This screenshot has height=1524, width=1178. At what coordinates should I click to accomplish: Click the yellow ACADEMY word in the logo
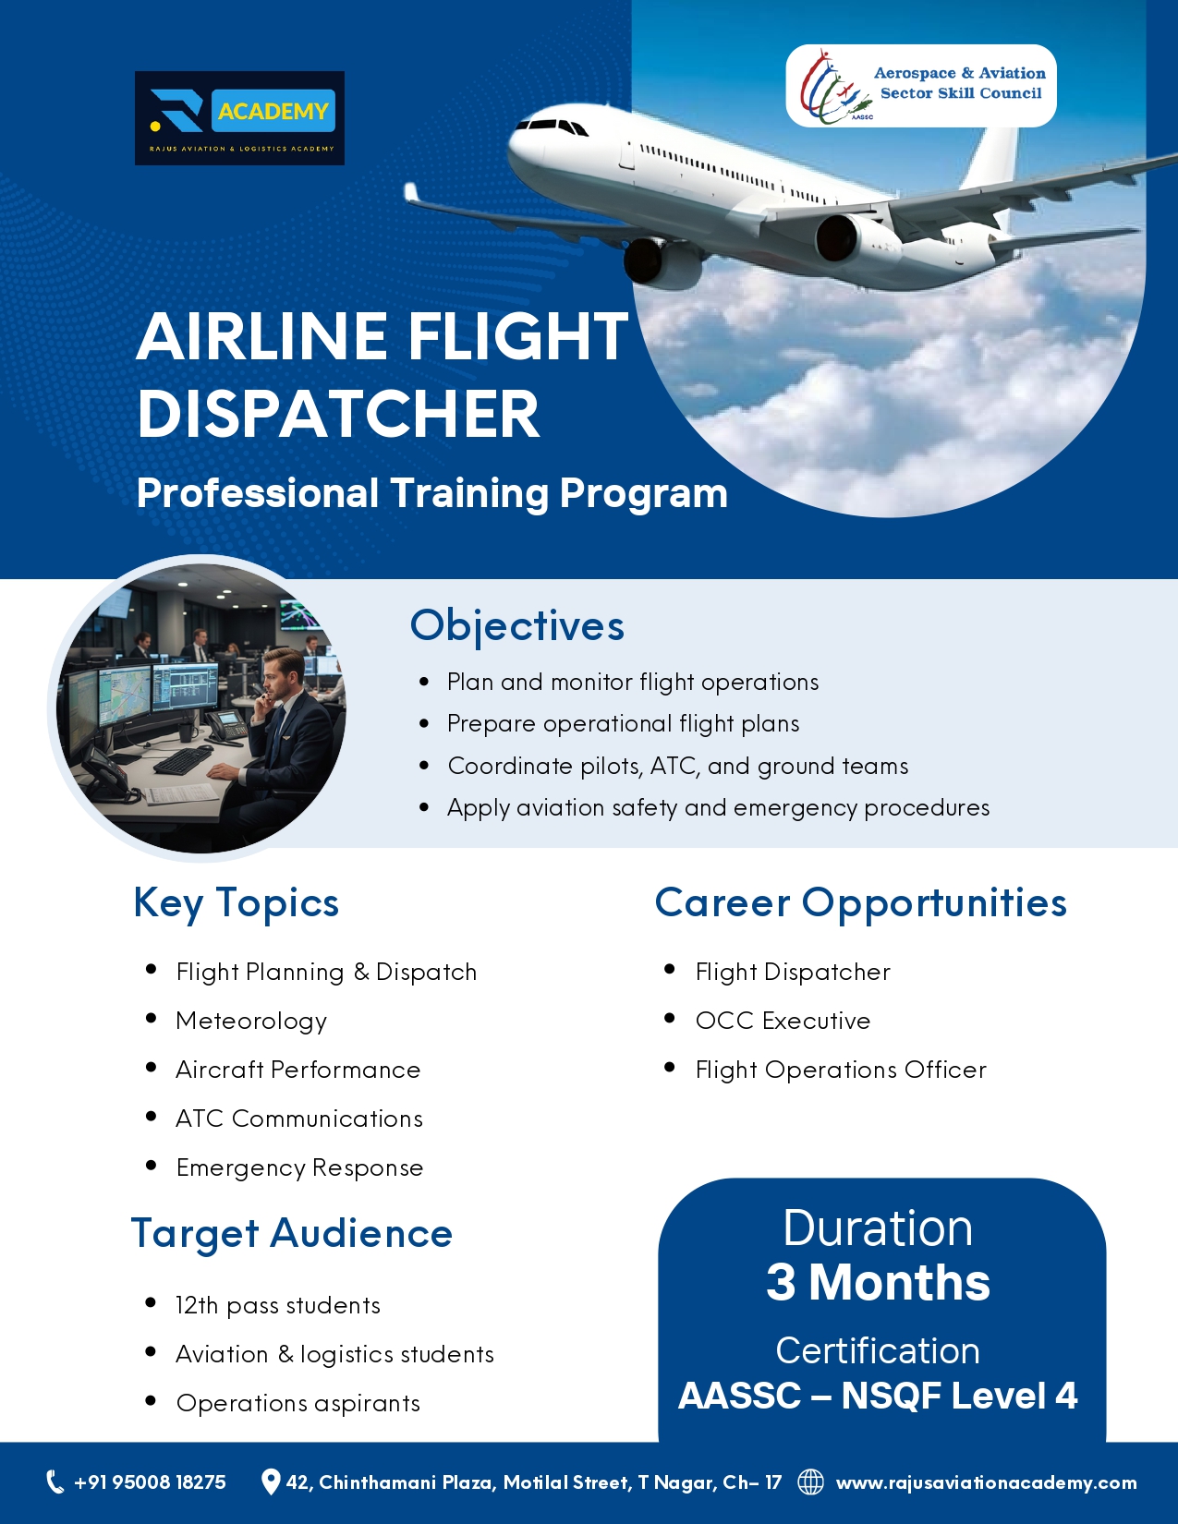click(273, 111)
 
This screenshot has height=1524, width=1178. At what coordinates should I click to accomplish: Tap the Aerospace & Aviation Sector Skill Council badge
click(920, 86)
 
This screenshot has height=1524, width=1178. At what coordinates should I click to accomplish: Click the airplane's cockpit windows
click(552, 127)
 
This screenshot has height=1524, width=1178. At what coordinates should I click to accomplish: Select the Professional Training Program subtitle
click(432, 493)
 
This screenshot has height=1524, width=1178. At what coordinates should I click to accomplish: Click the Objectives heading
click(517, 625)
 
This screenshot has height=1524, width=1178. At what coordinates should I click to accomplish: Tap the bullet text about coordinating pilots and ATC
click(678, 766)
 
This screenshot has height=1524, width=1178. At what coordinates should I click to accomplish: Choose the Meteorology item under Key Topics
click(251, 1022)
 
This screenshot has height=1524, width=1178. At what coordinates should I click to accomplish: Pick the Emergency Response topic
click(299, 1167)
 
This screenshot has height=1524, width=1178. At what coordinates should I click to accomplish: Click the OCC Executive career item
click(783, 1021)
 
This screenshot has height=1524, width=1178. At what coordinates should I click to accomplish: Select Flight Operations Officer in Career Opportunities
click(841, 1070)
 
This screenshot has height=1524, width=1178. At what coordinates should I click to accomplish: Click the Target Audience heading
click(292, 1234)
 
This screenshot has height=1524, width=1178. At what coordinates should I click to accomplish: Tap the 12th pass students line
click(278, 1305)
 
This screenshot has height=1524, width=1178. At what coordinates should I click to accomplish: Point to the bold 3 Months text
click(878, 1282)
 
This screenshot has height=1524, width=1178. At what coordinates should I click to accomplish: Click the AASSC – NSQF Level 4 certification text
click(878, 1396)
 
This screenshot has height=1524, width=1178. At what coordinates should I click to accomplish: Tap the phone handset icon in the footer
click(55, 1482)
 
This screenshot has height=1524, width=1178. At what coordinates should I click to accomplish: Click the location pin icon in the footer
click(270, 1482)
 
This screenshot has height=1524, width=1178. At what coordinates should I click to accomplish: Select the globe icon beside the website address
click(811, 1482)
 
